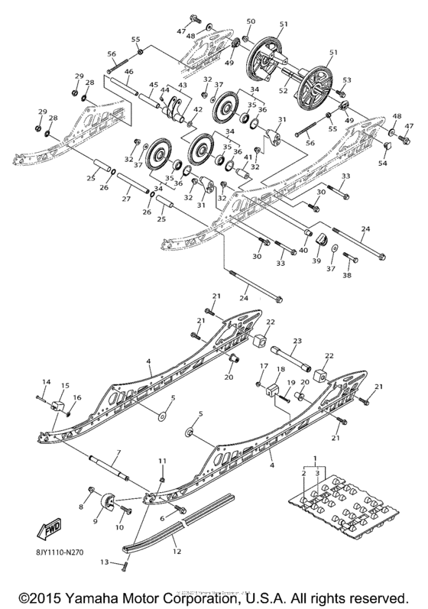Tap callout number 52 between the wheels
pyautogui.click(x=284, y=90)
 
